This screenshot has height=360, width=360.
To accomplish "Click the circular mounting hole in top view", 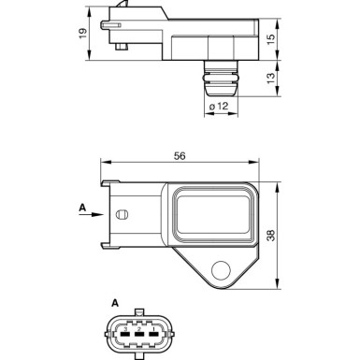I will tap(222, 269).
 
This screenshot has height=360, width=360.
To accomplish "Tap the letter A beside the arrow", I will tap(81, 207).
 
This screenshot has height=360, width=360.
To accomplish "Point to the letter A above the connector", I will tap(114, 303).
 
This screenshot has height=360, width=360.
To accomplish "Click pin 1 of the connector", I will tap(122, 330).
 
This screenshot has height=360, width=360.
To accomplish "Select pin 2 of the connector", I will tap(138, 330).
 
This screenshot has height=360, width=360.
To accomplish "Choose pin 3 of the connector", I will tap(155, 330).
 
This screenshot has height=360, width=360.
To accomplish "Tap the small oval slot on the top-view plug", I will tap(120, 216).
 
